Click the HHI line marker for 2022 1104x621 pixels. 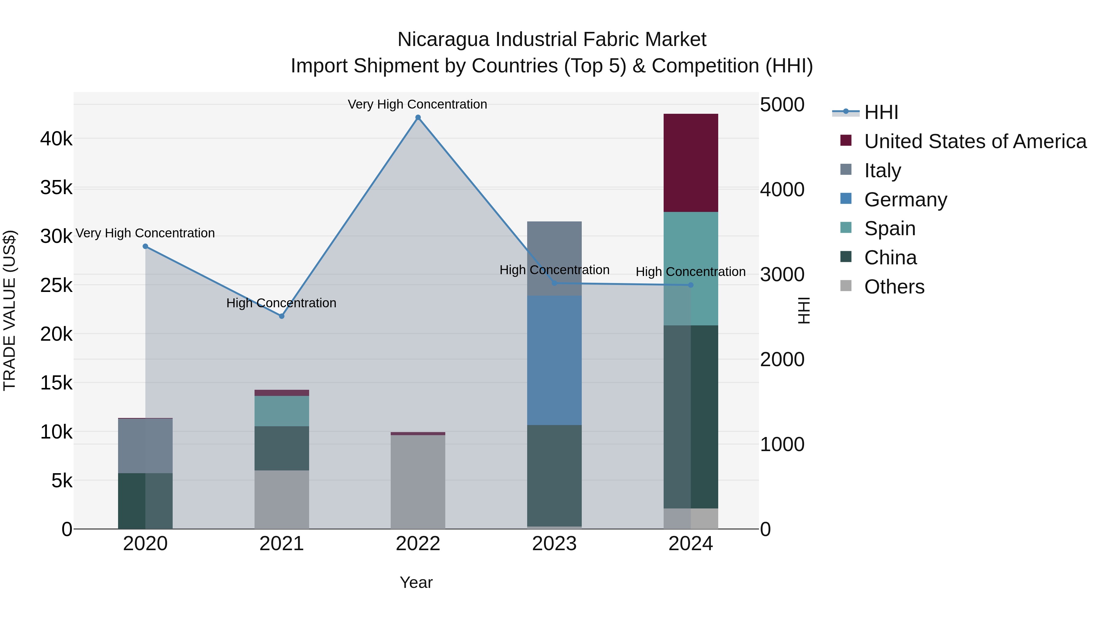[x=418, y=117]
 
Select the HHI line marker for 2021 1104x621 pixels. [x=282, y=316]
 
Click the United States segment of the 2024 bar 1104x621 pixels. [x=690, y=163]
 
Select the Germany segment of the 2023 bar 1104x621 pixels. [x=554, y=360]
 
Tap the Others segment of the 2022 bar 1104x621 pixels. [x=418, y=482]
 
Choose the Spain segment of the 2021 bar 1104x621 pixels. [x=282, y=411]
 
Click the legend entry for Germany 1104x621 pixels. [x=905, y=200]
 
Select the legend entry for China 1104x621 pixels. [x=890, y=258]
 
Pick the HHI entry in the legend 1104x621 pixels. [x=881, y=112]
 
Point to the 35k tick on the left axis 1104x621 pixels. [x=56, y=188]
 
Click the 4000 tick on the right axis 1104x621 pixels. [x=782, y=190]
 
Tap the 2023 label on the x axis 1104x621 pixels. [x=554, y=544]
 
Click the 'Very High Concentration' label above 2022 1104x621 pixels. [x=417, y=104]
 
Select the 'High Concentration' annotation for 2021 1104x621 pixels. [x=281, y=303]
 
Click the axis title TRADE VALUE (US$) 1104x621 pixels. [x=10, y=310]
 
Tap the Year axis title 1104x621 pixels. [x=416, y=582]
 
